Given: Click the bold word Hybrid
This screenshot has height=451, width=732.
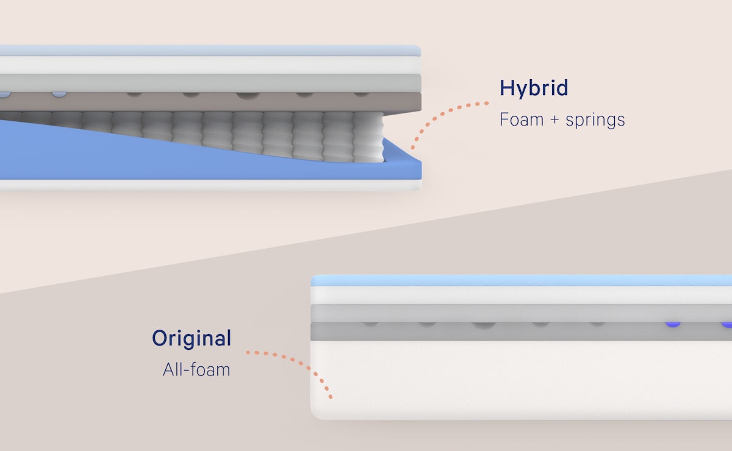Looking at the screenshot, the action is point(534,88).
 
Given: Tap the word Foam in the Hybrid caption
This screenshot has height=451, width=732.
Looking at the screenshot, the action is point(522,119).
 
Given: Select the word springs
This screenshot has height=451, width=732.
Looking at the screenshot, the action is point(595,121).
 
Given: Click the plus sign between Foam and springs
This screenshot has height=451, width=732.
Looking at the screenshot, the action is point(554,120).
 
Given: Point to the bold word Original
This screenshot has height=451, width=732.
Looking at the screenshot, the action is point(192,338).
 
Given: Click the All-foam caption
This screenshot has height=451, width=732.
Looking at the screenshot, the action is point(196,370).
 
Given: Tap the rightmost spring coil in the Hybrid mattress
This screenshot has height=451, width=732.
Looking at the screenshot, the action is point(368,137).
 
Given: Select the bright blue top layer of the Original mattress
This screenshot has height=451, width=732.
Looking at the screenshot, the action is point(521,280).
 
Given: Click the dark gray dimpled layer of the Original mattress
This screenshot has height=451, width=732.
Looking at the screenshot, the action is point(521,332).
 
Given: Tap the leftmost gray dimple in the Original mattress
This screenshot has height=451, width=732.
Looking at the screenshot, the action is point(370,324).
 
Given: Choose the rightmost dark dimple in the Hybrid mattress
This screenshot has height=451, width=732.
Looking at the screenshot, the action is point(361,94).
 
